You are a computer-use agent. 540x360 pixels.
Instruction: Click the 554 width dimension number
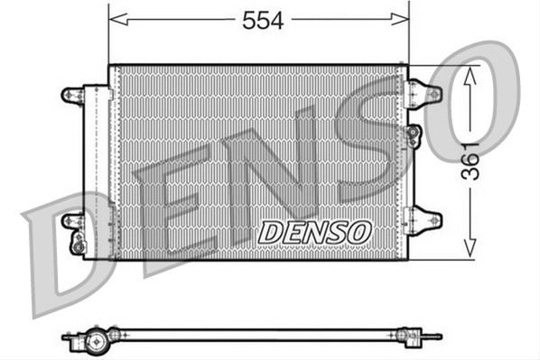tap(263, 21)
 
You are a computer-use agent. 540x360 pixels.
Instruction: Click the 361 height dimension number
tap(470, 162)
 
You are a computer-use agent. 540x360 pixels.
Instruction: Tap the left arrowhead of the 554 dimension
tap(118, 19)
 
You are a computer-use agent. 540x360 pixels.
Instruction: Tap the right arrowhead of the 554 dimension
tap(400, 19)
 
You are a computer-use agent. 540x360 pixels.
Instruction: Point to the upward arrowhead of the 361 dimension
tap(470, 76)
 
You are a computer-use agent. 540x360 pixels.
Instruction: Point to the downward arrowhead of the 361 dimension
tap(470, 248)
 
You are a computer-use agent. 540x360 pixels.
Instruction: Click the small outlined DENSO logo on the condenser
tap(315, 232)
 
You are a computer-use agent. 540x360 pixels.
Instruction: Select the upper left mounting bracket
tap(72, 96)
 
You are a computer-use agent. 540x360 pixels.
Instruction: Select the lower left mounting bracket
tap(72, 221)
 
